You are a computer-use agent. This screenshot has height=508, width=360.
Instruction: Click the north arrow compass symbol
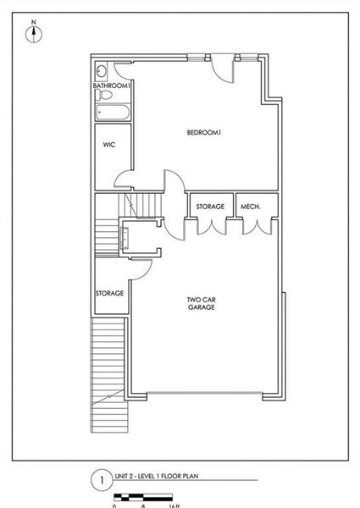[x=34, y=35]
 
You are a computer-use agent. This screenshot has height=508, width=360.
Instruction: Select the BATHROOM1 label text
[x=111, y=86]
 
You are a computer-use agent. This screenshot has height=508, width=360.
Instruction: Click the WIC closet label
[x=108, y=145]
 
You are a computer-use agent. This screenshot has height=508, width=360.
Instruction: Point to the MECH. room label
[x=250, y=207]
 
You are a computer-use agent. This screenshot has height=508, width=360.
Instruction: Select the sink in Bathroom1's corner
[x=101, y=71]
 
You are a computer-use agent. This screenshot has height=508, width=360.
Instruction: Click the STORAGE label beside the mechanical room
[x=210, y=207]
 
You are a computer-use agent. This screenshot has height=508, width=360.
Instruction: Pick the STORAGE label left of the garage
[x=110, y=293]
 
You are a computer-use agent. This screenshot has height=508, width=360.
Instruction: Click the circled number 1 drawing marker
[x=100, y=480]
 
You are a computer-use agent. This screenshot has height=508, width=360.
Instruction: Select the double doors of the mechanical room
[x=258, y=225]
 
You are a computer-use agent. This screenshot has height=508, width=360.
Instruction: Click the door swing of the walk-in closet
[x=124, y=179]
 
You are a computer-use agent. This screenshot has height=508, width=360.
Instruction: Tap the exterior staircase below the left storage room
[x=108, y=373]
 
